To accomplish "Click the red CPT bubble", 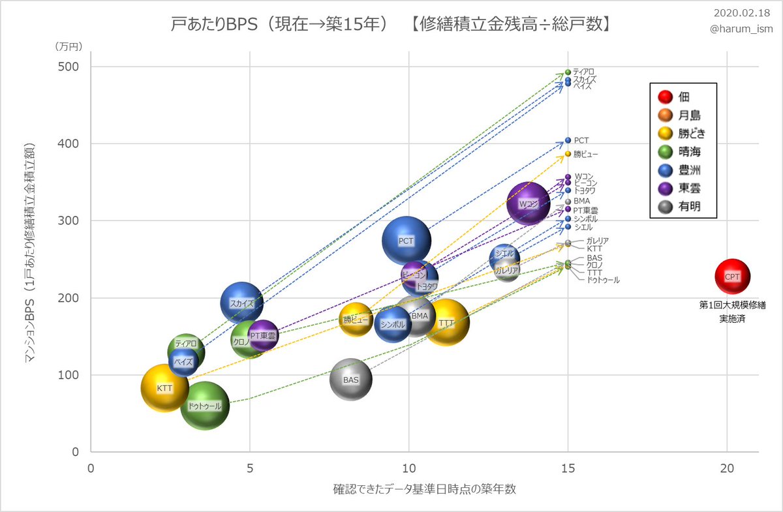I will coord(732,276).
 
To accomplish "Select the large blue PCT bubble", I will coord(407,241).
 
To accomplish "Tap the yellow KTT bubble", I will coord(165,388).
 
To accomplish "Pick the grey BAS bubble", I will coord(350,380).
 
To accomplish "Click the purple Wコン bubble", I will coord(528,203).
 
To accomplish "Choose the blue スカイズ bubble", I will coord(242,303).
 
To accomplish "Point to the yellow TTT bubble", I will coord(447,323).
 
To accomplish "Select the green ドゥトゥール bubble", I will coord(205,406).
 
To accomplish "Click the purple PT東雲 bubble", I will coord(264,335).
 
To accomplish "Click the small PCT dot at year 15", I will coord(568,140).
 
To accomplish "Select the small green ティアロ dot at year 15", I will coord(568,72).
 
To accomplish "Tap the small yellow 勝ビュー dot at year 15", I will coord(568,154).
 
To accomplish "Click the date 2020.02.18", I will coord(743,13).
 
